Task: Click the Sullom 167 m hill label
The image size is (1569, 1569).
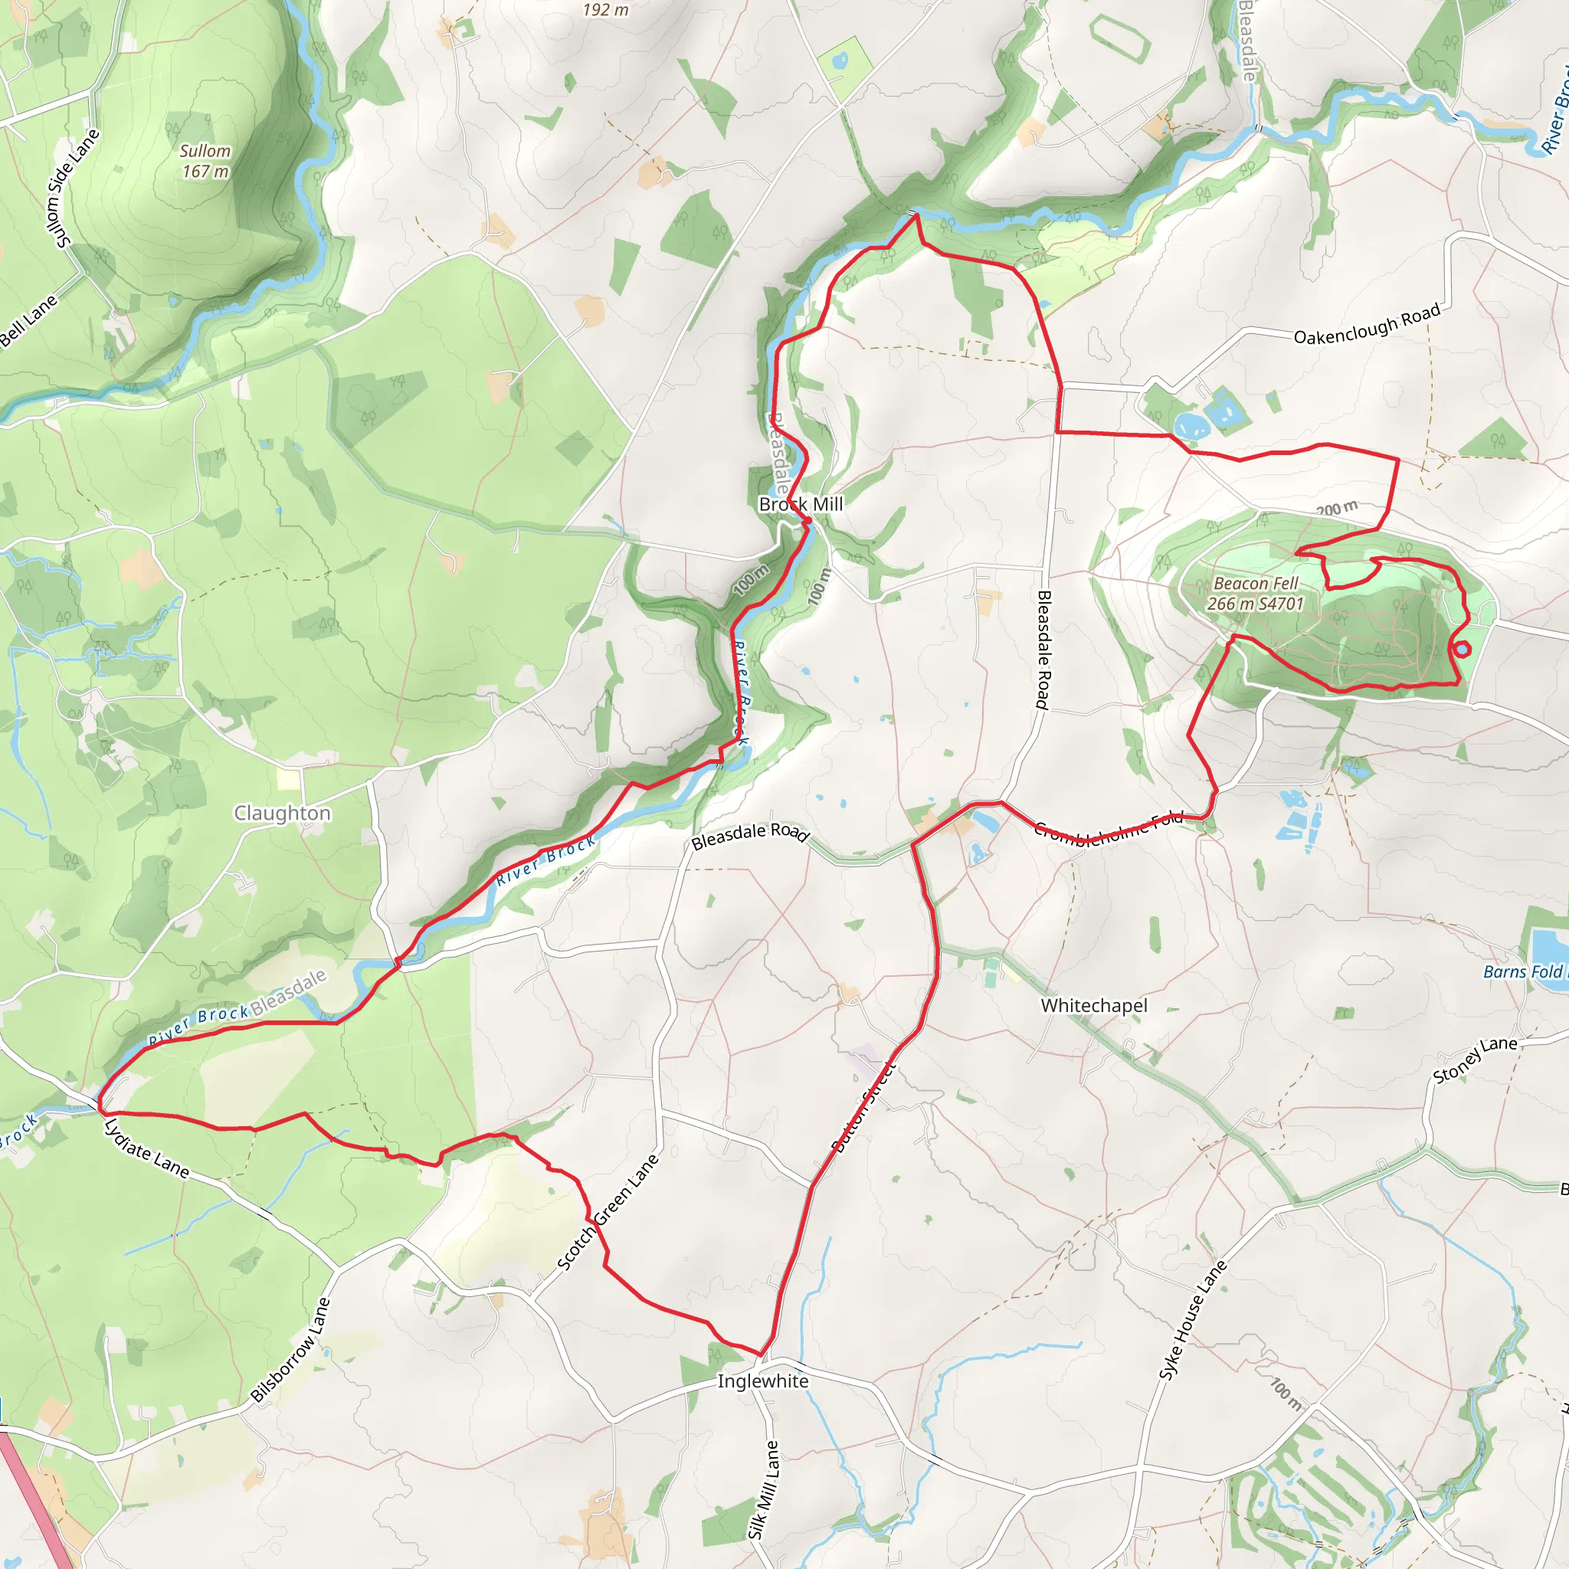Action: [205, 161]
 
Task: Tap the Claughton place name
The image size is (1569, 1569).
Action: [282, 813]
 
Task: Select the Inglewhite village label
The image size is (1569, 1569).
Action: [762, 1381]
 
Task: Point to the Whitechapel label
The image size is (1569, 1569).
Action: [1094, 1005]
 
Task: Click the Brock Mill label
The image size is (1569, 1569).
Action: [801, 504]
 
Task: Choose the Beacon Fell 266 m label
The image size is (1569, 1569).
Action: [1255, 594]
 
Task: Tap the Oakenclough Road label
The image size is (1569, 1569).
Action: [1367, 325]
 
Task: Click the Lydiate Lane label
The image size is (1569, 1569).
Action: [147, 1148]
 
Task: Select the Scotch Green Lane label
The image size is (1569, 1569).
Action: [608, 1213]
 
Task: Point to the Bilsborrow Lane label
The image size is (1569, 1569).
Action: [290, 1350]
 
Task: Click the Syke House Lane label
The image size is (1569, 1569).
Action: [1192, 1320]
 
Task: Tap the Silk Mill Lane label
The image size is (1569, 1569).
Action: [763, 1489]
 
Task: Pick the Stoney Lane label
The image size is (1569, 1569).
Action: [1474, 1060]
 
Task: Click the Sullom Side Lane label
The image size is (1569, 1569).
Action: [73, 188]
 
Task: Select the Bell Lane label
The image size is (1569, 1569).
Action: [28, 321]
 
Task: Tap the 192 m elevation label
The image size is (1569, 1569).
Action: [605, 10]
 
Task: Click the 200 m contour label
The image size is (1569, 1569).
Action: [1337, 509]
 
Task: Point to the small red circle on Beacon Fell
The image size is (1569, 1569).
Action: [1461, 649]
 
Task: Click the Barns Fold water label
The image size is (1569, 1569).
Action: [1524, 972]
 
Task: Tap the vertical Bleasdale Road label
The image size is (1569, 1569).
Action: [1044, 650]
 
